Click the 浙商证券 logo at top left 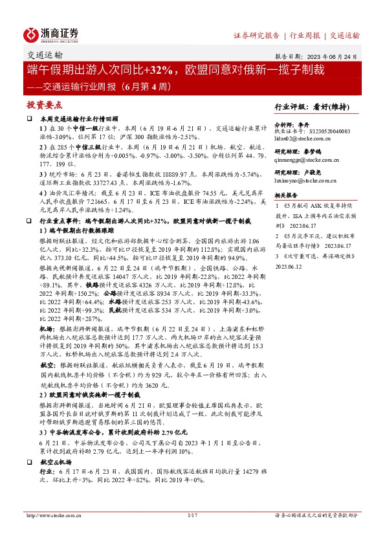coord(51,35)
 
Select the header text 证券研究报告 coord(256,35)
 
